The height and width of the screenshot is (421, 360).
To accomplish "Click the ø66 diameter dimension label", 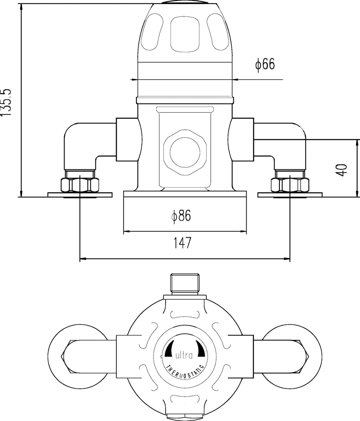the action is [x=265, y=65].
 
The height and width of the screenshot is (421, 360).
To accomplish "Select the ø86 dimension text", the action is [x=181, y=216].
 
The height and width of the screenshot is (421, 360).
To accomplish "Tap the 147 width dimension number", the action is [x=182, y=243].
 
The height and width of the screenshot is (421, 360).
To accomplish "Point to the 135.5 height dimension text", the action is [x=6, y=102].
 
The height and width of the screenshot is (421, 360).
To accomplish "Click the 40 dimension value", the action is [x=342, y=170].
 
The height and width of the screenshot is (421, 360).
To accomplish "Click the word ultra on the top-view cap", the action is [x=184, y=356].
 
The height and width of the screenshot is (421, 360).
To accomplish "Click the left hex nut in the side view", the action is [x=80, y=185].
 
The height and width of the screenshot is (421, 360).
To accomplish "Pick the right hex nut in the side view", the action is [x=290, y=185].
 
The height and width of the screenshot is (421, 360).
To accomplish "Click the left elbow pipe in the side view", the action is [x=90, y=146].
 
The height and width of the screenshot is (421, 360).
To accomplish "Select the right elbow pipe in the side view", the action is [x=279, y=146].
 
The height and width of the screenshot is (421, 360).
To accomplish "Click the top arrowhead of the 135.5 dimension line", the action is [x=21, y=7].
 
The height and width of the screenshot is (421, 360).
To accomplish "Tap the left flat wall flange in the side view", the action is [x=80, y=194].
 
